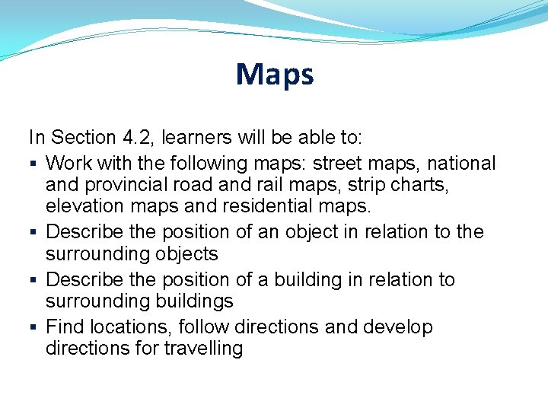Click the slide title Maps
(x=274, y=75)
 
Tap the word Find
(x=65, y=327)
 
